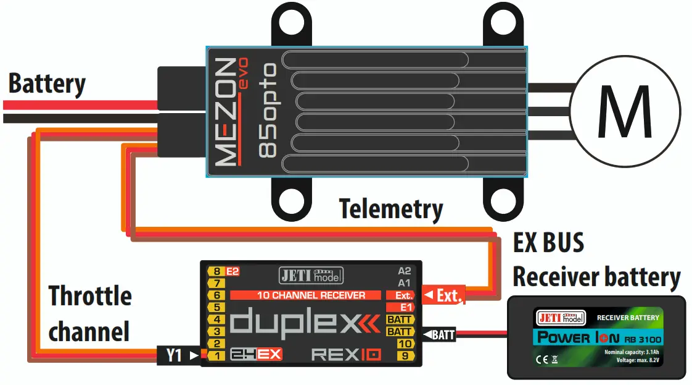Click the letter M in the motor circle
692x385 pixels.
click(x=625, y=112)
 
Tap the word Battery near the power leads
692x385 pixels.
click(x=47, y=84)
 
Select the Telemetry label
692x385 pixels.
click(x=391, y=209)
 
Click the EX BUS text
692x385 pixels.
click(x=548, y=243)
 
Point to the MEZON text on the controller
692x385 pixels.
click(x=227, y=112)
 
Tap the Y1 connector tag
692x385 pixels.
click(x=175, y=355)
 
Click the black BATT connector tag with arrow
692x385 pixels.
click(x=439, y=336)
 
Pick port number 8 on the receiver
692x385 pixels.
click(x=216, y=271)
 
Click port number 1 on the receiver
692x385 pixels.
click(x=216, y=355)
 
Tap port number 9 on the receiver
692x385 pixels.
click(x=405, y=355)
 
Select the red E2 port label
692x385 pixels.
click(x=233, y=271)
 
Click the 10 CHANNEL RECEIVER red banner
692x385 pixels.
click(x=310, y=295)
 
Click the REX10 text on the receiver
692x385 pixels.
click(x=346, y=355)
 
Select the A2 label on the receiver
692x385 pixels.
click(x=405, y=271)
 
